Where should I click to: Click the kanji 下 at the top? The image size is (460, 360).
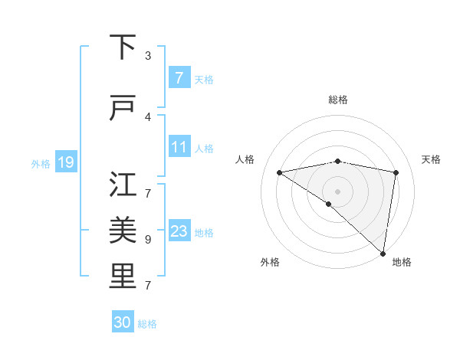click(x=123, y=48)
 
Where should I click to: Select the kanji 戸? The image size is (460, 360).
click(x=123, y=109)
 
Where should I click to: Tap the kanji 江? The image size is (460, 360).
click(x=123, y=184)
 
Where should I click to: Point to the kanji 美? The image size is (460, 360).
click(x=123, y=229)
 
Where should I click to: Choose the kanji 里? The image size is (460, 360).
click(x=123, y=277)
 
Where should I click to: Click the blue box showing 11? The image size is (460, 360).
click(x=179, y=146)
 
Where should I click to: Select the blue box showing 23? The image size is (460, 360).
click(x=179, y=231)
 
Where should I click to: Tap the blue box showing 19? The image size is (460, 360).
click(x=65, y=162)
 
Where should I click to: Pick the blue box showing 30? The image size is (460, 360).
click(x=123, y=322)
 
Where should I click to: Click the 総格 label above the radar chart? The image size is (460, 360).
click(x=337, y=100)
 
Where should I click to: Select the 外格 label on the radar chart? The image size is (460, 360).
click(x=270, y=262)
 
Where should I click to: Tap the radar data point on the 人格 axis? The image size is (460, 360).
click(x=280, y=172)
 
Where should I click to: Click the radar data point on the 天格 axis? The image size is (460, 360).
click(x=396, y=172)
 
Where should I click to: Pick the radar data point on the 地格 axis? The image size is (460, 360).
click(x=383, y=253)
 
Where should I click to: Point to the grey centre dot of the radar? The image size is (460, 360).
click(x=337, y=190)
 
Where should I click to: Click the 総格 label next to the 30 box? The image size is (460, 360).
click(x=147, y=324)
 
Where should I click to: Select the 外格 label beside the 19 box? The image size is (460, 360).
click(x=40, y=163)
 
